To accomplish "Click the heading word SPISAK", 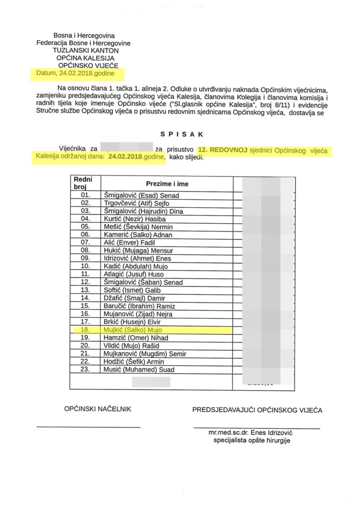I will pyautogui.click(x=180, y=134).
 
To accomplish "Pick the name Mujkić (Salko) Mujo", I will pyautogui.click(x=132, y=330).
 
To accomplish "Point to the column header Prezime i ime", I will pyautogui.click(x=167, y=184).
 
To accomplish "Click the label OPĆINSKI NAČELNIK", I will pyautogui.click(x=97, y=409).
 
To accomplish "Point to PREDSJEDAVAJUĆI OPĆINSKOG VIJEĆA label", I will pyautogui.click(x=257, y=410).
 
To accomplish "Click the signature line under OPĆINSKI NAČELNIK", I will pyautogui.click(x=89, y=427).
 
